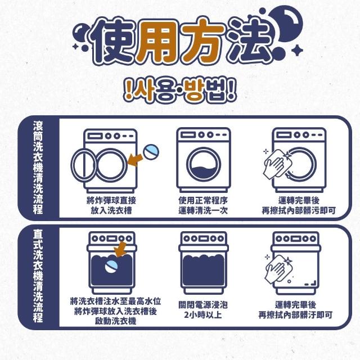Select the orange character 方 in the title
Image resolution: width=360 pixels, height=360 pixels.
click(202, 41)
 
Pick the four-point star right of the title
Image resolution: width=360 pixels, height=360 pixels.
click(297, 50)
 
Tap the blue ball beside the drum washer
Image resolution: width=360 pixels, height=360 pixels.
click(151, 152)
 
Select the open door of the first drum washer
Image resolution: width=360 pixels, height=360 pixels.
click(83, 165)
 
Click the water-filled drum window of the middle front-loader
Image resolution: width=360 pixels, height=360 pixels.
click(204, 164)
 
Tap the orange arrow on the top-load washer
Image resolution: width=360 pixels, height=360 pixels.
click(121, 249)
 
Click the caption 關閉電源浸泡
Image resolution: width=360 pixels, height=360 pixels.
click(203, 305)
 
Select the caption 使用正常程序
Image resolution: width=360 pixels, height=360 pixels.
click(203, 200)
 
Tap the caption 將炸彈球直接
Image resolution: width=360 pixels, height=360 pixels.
click(111, 200)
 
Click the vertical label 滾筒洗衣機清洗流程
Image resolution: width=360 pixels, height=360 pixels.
click(38, 168)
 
